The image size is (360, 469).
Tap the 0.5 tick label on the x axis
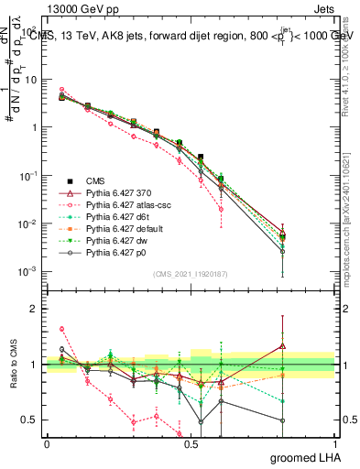point(191,442)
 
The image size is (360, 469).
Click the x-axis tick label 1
point(334,442)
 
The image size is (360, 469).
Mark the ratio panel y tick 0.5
point(31,420)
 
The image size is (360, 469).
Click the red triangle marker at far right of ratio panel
point(283,346)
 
